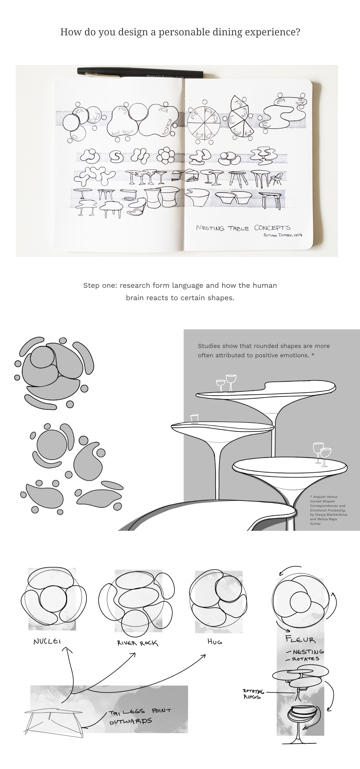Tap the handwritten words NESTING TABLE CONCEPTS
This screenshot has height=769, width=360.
point(243,228)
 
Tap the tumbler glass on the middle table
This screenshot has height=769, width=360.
point(194,418)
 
